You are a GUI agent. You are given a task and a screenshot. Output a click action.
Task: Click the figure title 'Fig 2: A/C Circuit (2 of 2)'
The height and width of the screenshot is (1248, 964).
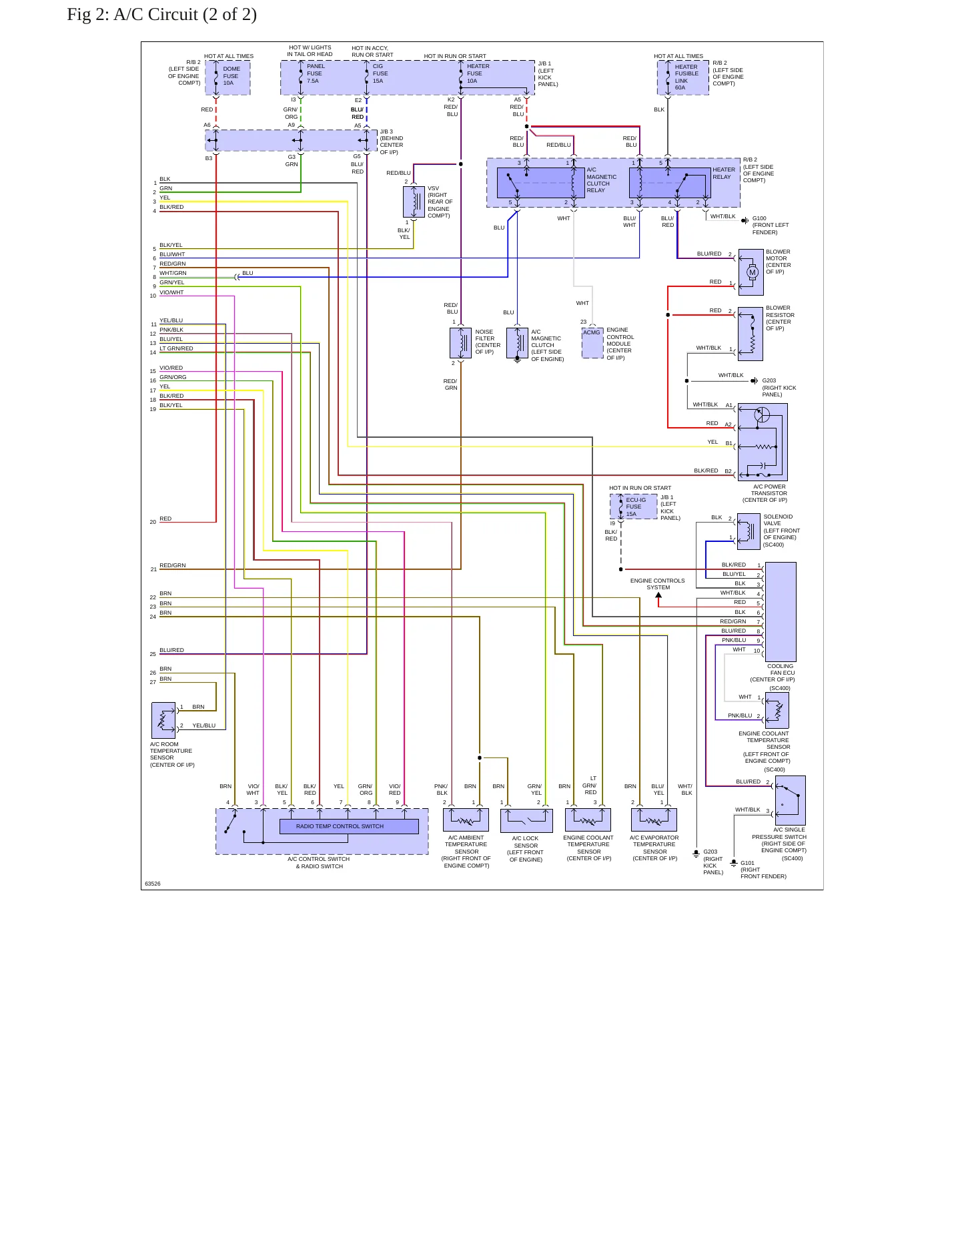161,15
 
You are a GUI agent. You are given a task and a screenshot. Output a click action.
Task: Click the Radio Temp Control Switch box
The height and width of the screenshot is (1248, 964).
349,826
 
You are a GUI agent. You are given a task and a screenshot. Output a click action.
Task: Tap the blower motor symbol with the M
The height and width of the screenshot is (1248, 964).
751,272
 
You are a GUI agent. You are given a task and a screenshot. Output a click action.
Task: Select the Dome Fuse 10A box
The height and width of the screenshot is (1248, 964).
227,77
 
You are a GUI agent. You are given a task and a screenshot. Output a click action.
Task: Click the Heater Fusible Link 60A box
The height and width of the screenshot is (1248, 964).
683,77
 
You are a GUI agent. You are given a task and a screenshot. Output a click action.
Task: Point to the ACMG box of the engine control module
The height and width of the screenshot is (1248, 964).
592,343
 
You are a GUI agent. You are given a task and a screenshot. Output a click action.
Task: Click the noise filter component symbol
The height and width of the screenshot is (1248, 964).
461,343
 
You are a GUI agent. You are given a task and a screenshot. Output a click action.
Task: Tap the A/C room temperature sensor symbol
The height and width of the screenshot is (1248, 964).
163,720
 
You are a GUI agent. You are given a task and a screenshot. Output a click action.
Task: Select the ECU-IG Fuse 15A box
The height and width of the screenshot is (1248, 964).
634,507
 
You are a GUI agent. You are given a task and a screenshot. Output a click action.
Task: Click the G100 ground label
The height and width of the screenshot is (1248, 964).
759,219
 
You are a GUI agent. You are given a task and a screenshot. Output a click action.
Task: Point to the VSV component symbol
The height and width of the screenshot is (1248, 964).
414,202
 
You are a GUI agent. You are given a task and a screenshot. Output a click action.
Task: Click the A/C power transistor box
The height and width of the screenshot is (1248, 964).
763,442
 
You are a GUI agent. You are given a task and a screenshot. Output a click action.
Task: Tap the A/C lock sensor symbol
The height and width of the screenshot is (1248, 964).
526,820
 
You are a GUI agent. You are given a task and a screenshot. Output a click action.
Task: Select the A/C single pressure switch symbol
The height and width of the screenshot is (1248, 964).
790,800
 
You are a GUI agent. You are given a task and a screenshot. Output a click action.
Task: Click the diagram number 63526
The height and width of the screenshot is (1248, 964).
153,884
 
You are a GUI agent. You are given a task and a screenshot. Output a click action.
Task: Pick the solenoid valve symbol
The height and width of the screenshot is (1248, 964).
749,531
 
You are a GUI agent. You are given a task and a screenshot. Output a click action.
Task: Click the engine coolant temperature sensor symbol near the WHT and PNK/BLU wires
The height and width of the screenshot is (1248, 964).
777,709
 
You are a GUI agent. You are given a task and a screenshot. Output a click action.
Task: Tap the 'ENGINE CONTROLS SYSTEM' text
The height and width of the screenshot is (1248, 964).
658,584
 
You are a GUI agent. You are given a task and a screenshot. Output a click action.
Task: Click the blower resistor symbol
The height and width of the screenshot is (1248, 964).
751,334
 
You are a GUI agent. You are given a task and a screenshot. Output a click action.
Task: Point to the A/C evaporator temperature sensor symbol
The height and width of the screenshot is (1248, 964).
654,820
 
